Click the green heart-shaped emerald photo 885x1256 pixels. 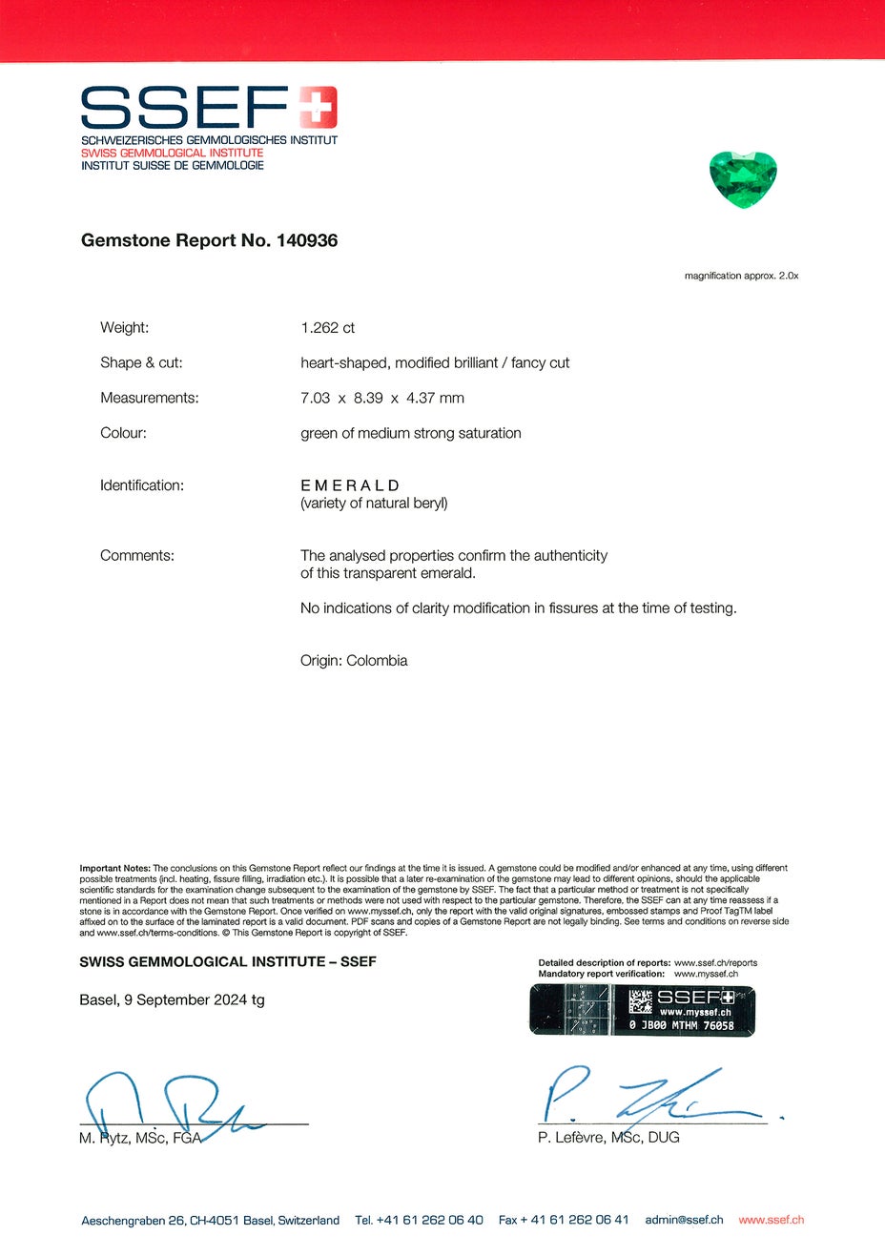tap(743, 177)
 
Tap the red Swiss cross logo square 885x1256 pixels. tap(318, 107)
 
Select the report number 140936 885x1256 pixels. tap(306, 240)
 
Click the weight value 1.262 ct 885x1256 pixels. tap(327, 328)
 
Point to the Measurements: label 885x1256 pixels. tap(150, 398)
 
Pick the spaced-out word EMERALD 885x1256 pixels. tap(350, 485)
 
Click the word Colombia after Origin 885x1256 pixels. tap(377, 661)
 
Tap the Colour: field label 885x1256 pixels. tap(124, 433)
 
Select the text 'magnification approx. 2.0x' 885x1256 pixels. tap(741, 276)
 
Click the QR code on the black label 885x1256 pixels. tap(640, 1001)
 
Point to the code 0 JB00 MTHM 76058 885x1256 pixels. tap(681, 1026)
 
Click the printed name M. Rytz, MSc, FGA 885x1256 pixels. tap(140, 1138)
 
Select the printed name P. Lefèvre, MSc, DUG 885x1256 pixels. tap(608, 1138)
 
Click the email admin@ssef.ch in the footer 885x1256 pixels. tap(684, 1220)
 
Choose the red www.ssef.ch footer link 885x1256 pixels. tap(771, 1220)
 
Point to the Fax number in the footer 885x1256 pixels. tap(564, 1220)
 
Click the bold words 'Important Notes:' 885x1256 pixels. tap(114, 868)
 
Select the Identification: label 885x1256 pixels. tap(142, 485)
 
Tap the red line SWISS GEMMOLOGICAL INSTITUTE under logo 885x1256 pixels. tap(172, 153)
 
